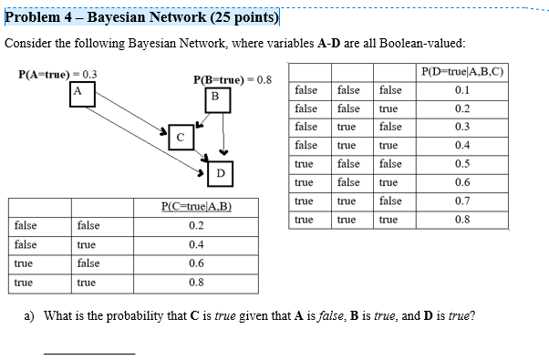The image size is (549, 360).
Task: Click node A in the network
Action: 78,90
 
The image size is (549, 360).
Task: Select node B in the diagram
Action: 215,97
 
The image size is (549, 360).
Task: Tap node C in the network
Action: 181,137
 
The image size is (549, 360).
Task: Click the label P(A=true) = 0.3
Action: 58,75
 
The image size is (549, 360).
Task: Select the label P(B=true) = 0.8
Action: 233,79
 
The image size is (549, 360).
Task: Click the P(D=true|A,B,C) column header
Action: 462,72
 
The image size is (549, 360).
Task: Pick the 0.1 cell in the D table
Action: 462,90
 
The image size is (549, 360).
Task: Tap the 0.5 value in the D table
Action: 462,163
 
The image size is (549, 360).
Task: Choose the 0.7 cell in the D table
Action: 462,201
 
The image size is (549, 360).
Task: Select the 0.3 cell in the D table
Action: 462,127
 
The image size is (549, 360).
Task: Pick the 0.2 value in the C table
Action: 196,225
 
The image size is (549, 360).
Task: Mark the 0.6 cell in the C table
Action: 196,262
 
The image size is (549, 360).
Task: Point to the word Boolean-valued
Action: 427,44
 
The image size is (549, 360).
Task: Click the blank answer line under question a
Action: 89,352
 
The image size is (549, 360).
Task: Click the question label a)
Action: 29,316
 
